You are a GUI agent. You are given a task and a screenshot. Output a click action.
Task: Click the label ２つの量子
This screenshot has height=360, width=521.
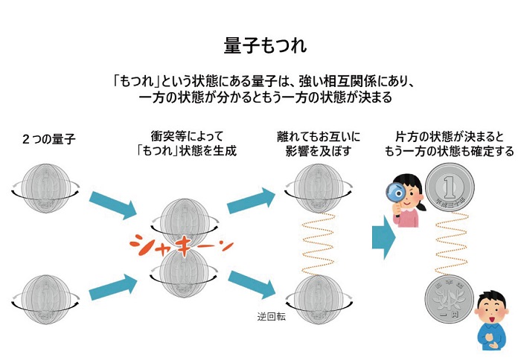click(49, 139)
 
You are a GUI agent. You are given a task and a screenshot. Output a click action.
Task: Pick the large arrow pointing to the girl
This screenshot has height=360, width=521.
click(383, 234)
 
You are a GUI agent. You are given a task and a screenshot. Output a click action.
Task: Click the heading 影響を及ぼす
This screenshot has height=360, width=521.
click(313, 152)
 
